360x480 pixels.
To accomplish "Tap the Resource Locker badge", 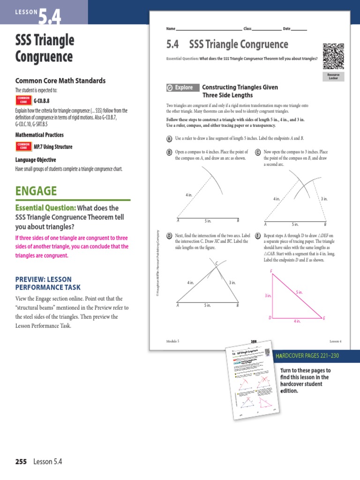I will (x=333, y=76).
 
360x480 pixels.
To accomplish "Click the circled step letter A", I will (x=169, y=139).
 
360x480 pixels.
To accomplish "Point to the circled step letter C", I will (x=258, y=152).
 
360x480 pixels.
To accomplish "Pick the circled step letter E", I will (x=258, y=236).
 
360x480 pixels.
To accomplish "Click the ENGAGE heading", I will (x=36, y=191).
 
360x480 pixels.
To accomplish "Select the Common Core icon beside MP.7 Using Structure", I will (x=23, y=147).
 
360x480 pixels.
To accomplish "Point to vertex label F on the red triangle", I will (x=271, y=272).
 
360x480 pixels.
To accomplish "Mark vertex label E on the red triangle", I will (x=324, y=318).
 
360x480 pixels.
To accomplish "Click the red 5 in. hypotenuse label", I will (x=299, y=292).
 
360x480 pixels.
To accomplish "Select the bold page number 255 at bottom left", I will (x=21, y=462).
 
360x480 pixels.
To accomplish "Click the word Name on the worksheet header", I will (x=171, y=29).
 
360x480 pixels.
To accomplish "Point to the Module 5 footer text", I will (x=173, y=341).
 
